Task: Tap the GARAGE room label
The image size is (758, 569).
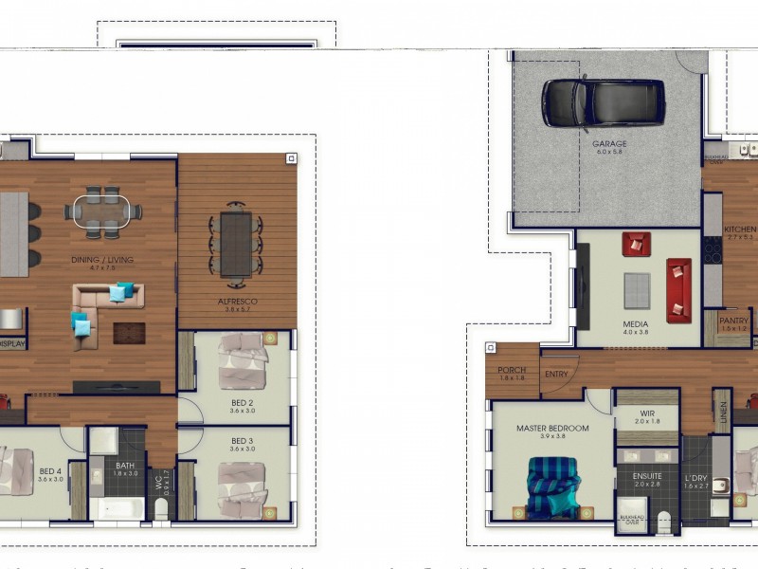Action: click(x=609, y=144)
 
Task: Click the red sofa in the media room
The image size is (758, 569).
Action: click(x=678, y=289)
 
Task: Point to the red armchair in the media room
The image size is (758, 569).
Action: click(x=637, y=244)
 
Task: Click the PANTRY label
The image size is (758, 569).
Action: click(x=733, y=321)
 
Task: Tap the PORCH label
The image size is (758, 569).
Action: click(x=511, y=370)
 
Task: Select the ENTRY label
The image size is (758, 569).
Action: click(x=556, y=374)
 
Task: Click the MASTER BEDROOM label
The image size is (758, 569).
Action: click(x=552, y=428)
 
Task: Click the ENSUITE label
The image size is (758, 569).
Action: click(x=635, y=476)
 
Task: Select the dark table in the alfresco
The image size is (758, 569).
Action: click(x=236, y=243)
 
